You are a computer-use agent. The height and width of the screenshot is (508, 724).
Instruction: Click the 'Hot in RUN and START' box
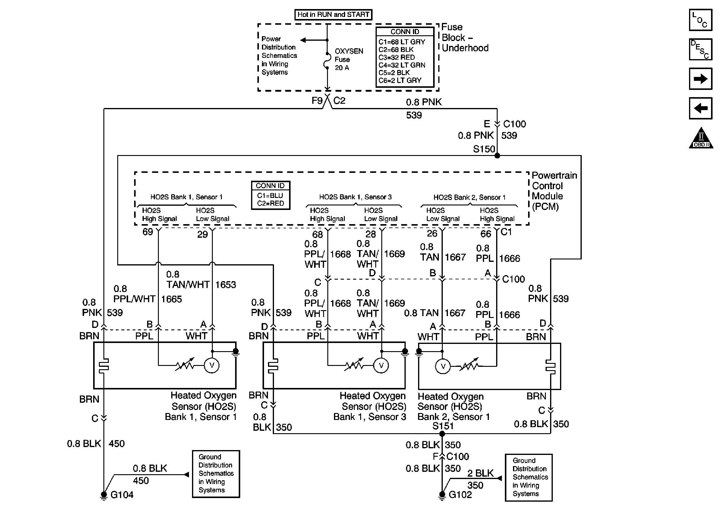tap(333, 14)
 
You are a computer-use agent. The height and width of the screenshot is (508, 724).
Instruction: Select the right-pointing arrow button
tap(700, 79)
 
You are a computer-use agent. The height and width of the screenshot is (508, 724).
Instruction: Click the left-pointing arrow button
tap(700, 108)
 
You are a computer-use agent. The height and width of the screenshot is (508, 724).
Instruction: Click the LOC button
tap(700, 20)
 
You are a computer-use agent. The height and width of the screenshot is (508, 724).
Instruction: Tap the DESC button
tap(700, 49)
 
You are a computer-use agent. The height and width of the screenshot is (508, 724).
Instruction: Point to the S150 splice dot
tap(497, 156)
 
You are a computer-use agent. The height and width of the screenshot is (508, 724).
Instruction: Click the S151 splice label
tap(443, 426)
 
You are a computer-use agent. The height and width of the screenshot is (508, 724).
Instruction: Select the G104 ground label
tap(122, 494)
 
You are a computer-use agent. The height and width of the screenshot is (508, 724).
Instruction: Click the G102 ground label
tap(460, 494)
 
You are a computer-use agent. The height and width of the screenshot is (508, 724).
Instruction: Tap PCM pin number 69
tap(148, 232)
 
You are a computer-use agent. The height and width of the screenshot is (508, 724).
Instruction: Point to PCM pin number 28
tap(370, 234)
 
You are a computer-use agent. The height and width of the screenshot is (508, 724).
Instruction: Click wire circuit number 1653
tap(225, 284)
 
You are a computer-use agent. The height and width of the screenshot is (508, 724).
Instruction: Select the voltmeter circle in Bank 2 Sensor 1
tap(443, 366)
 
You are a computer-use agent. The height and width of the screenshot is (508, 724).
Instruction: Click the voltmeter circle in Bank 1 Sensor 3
tap(381, 366)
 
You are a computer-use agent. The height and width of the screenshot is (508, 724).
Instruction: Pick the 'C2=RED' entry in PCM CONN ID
tap(271, 204)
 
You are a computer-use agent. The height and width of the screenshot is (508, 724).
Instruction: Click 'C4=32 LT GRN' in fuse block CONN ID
tap(402, 65)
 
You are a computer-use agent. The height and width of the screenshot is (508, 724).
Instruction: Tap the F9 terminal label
tap(317, 101)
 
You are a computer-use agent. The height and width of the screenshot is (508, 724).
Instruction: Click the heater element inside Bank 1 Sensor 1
tap(104, 366)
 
